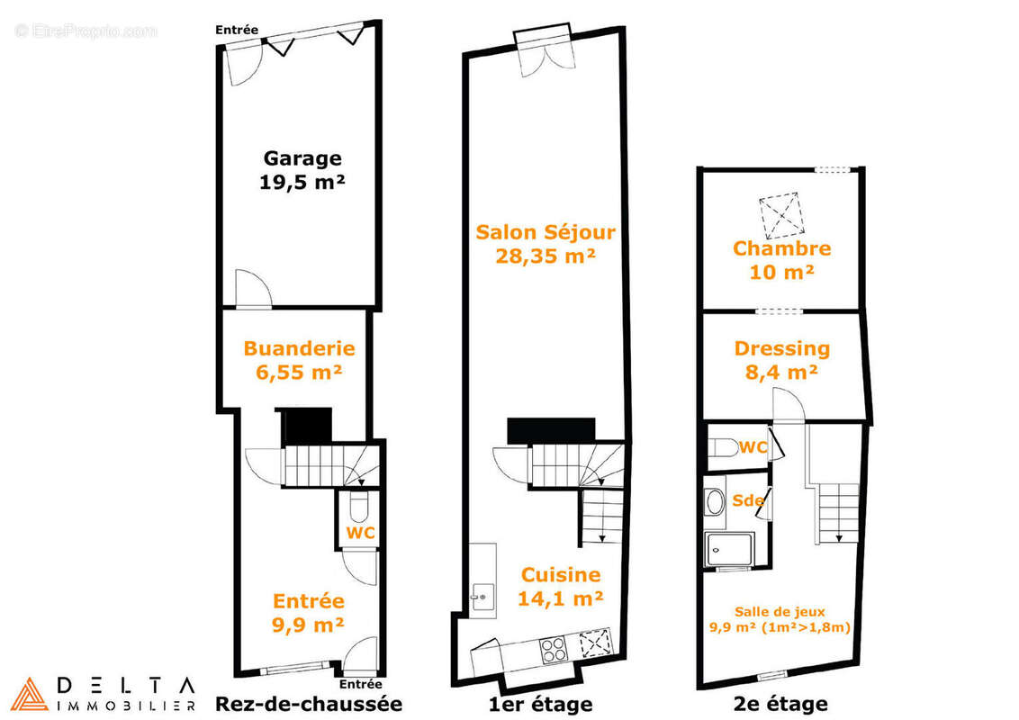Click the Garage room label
pyautogui.click(x=302, y=170)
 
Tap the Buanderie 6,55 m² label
pyautogui.click(x=299, y=360)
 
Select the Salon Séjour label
pyautogui.click(x=546, y=244)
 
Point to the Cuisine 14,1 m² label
pyautogui.click(x=561, y=586)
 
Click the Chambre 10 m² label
pyautogui.click(x=781, y=260)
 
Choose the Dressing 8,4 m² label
pyautogui.click(x=781, y=360)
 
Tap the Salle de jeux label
pyautogui.click(x=780, y=611)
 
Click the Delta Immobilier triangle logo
pyautogui.click(x=29, y=694)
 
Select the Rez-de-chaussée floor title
pyautogui.click(x=309, y=704)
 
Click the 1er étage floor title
pyautogui.click(x=541, y=704)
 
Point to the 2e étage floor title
pyautogui.click(x=780, y=704)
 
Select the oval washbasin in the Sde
pyautogui.click(x=715, y=501)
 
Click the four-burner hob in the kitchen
pyautogui.click(x=554, y=649)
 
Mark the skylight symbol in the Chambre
pyautogui.click(x=782, y=215)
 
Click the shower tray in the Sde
pyautogui.click(x=728, y=550)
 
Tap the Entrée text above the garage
pyautogui.click(x=237, y=30)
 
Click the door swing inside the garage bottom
pyautogui.click(x=254, y=287)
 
